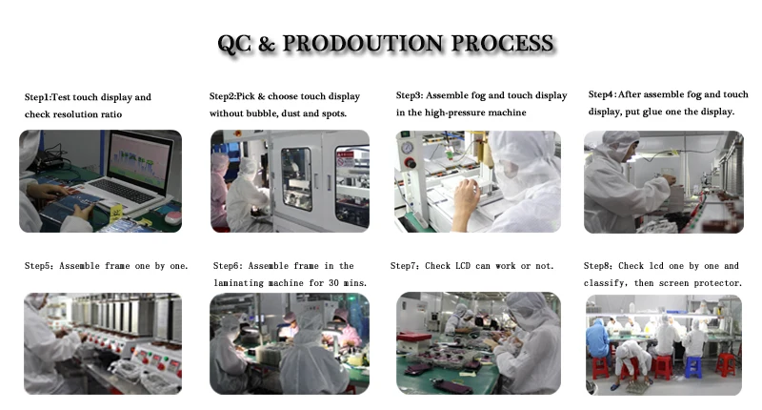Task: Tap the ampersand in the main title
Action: [267, 44]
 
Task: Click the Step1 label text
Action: [37, 97]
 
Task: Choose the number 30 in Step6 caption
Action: [333, 283]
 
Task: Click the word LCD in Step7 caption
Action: [463, 266]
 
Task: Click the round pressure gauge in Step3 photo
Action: [408, 148]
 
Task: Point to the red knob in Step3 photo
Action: [411, 162]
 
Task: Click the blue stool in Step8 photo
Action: [693, 367]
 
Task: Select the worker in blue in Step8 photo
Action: [598, 341]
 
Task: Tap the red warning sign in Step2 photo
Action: [346, 158]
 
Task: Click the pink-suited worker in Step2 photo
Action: [220, 190]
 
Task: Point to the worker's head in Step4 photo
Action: [619, 145]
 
